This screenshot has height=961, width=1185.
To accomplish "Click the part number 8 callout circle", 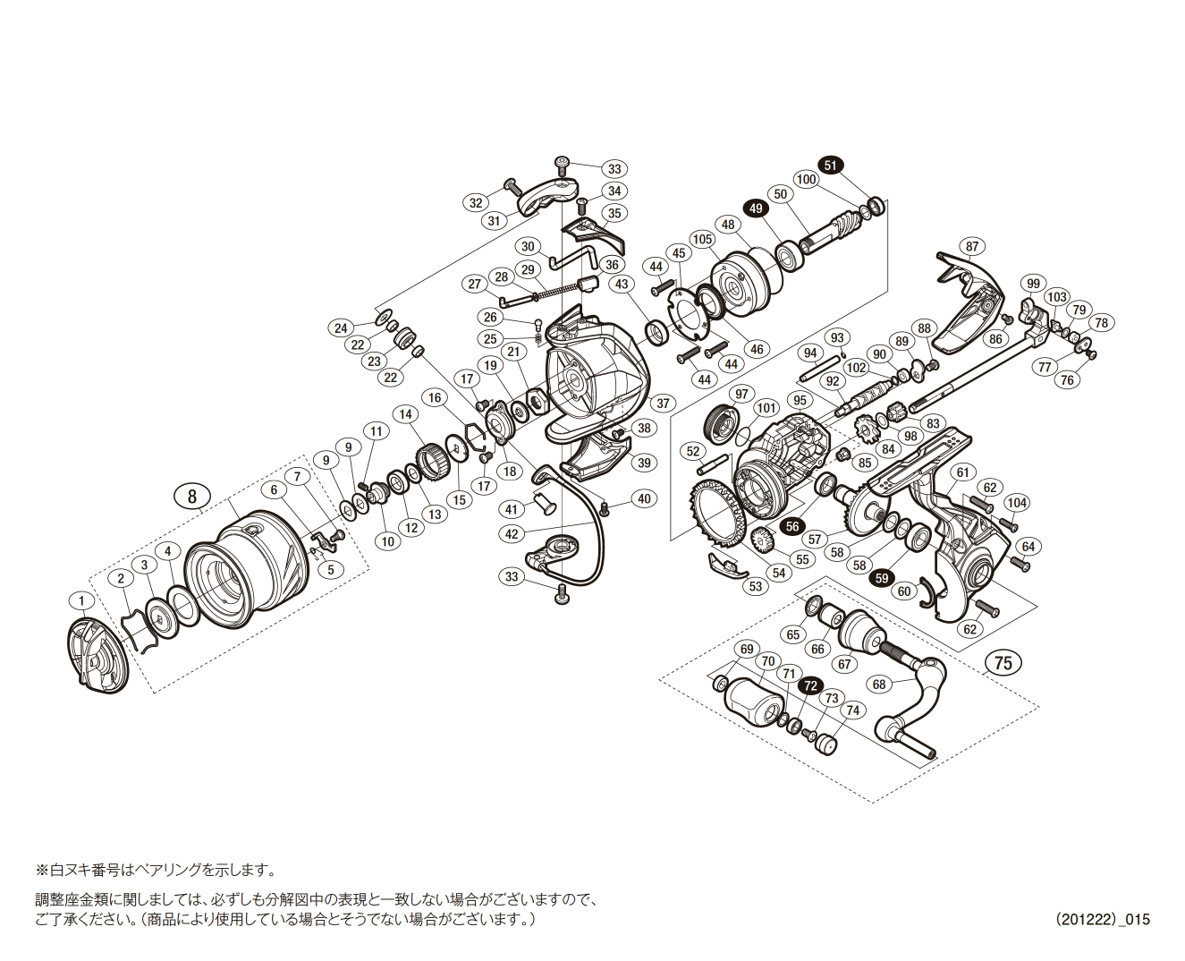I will (192, 496).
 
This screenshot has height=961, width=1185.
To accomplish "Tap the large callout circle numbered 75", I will (1003, 662).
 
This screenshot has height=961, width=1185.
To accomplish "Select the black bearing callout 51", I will (831, 166).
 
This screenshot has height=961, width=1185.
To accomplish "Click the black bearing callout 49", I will (757, 208).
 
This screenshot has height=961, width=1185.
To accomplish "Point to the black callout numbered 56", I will (792, 527).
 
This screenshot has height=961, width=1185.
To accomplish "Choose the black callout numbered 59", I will (882, 579).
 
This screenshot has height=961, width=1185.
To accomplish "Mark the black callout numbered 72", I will (810, 685).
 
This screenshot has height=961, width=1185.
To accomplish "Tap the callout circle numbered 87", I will (971, 247).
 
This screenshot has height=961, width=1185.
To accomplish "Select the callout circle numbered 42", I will (512, 534).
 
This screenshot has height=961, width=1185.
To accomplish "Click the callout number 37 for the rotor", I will (663, 404).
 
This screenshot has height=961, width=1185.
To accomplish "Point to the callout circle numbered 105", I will (702, 239).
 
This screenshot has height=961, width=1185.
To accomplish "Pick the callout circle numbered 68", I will (879, 685).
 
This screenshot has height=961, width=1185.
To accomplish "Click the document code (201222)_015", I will (1102, 919).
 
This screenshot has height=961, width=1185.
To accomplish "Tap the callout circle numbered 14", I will (406, 414).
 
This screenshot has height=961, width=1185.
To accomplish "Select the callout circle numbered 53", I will (757, 586).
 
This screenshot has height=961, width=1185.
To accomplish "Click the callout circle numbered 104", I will (1017, 503).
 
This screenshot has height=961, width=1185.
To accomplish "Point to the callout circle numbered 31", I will (495, 221).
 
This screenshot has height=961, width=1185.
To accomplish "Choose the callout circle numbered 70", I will (766, 662).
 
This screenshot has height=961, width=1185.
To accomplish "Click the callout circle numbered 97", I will (741, 395).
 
